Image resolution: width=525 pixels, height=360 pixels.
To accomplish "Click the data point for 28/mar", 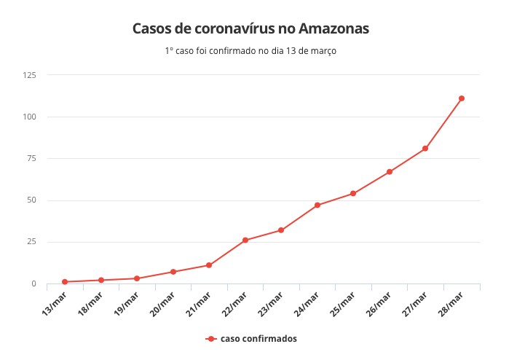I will coord(462,98).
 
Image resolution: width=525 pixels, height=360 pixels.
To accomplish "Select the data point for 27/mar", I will coord(425,149).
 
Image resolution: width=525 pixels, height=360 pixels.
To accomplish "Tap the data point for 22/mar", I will coord(245,240).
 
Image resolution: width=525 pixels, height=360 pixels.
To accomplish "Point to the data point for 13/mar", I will coord(65,282).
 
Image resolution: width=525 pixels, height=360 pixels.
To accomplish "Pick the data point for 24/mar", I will coord(317,206).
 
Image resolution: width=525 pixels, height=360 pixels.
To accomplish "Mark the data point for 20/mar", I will coord(173,272).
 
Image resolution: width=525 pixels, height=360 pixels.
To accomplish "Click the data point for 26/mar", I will coord(390,172).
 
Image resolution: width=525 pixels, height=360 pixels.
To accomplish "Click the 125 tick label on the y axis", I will coord(30,75).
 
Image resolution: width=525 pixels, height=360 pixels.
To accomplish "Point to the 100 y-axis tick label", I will coord(30,117).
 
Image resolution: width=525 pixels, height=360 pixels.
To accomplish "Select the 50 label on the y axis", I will coord(32,200).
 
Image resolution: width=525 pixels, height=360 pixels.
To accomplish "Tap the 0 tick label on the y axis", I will coord(34,284).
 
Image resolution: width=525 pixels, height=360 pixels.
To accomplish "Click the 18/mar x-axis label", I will coord(91,301).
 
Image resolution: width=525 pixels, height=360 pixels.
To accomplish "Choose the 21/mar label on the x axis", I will coord(199,301).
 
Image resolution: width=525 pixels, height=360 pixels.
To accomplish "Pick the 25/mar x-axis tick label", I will coord(343,301).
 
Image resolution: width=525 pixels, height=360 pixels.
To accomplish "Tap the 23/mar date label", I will coord(271,301).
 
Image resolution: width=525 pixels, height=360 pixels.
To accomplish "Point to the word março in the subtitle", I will coord(323,51).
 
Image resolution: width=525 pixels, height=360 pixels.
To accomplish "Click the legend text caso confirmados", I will coord(258,339).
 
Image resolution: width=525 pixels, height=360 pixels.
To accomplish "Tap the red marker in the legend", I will coord(210,339).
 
